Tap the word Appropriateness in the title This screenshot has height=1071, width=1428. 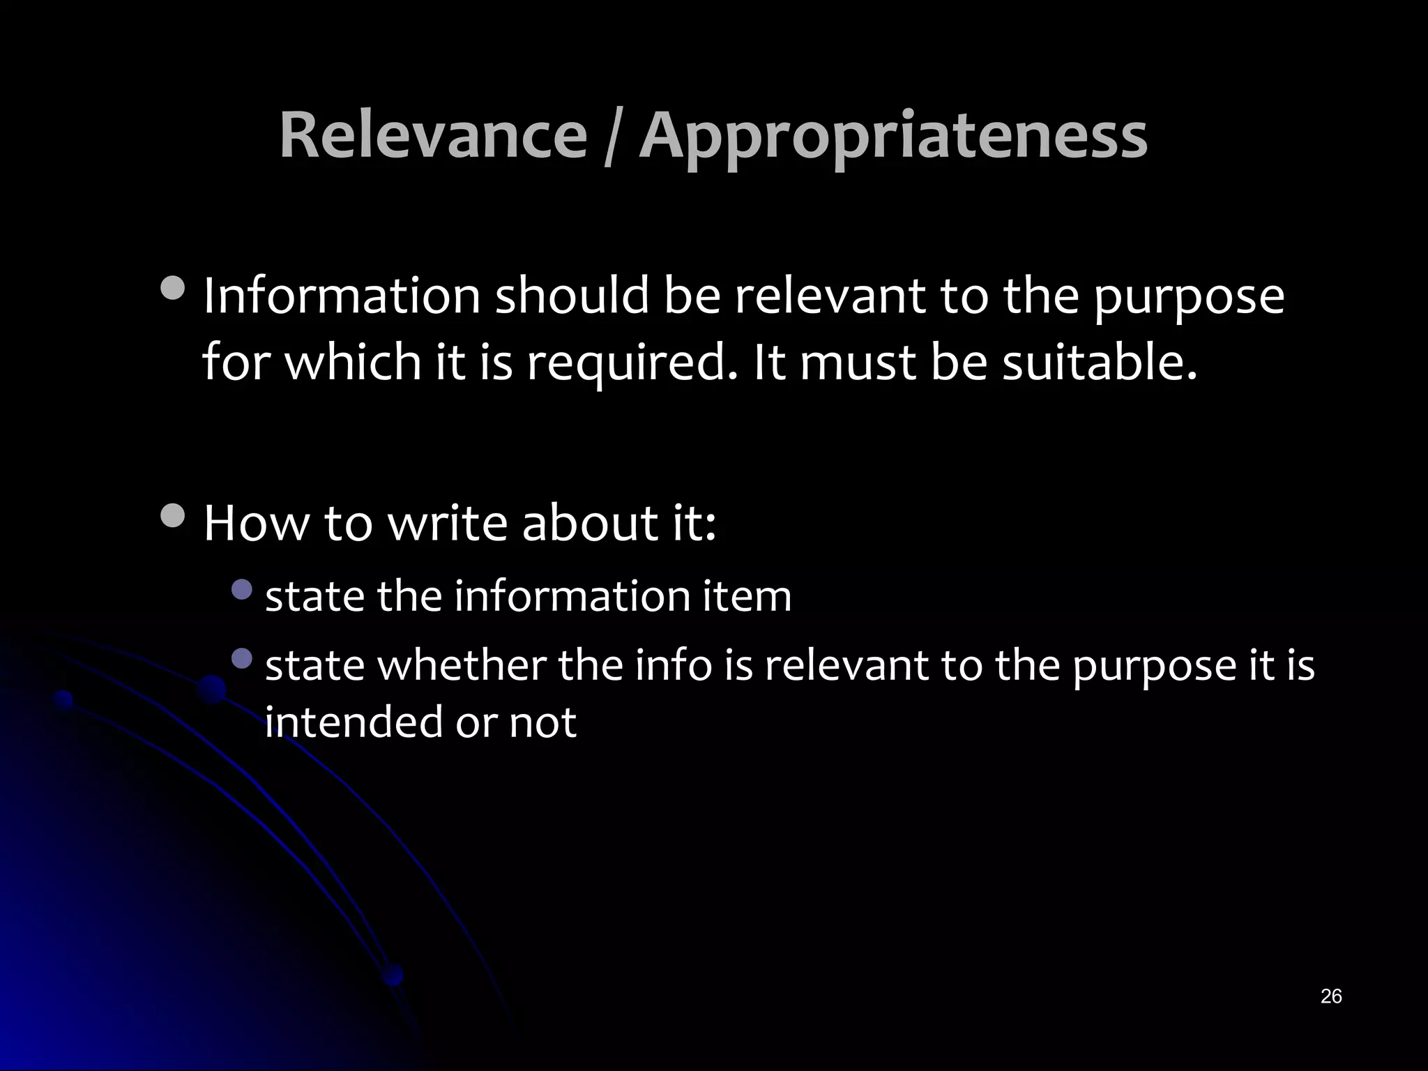tap(893, 137)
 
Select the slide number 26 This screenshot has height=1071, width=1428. tap(1330, 996)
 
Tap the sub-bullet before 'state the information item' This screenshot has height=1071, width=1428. tap(241, 590)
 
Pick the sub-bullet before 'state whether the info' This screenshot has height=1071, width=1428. tap(241, 658)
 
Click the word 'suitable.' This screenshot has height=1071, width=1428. tap(1100, 363)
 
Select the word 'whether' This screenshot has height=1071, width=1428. tap(462, 665)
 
